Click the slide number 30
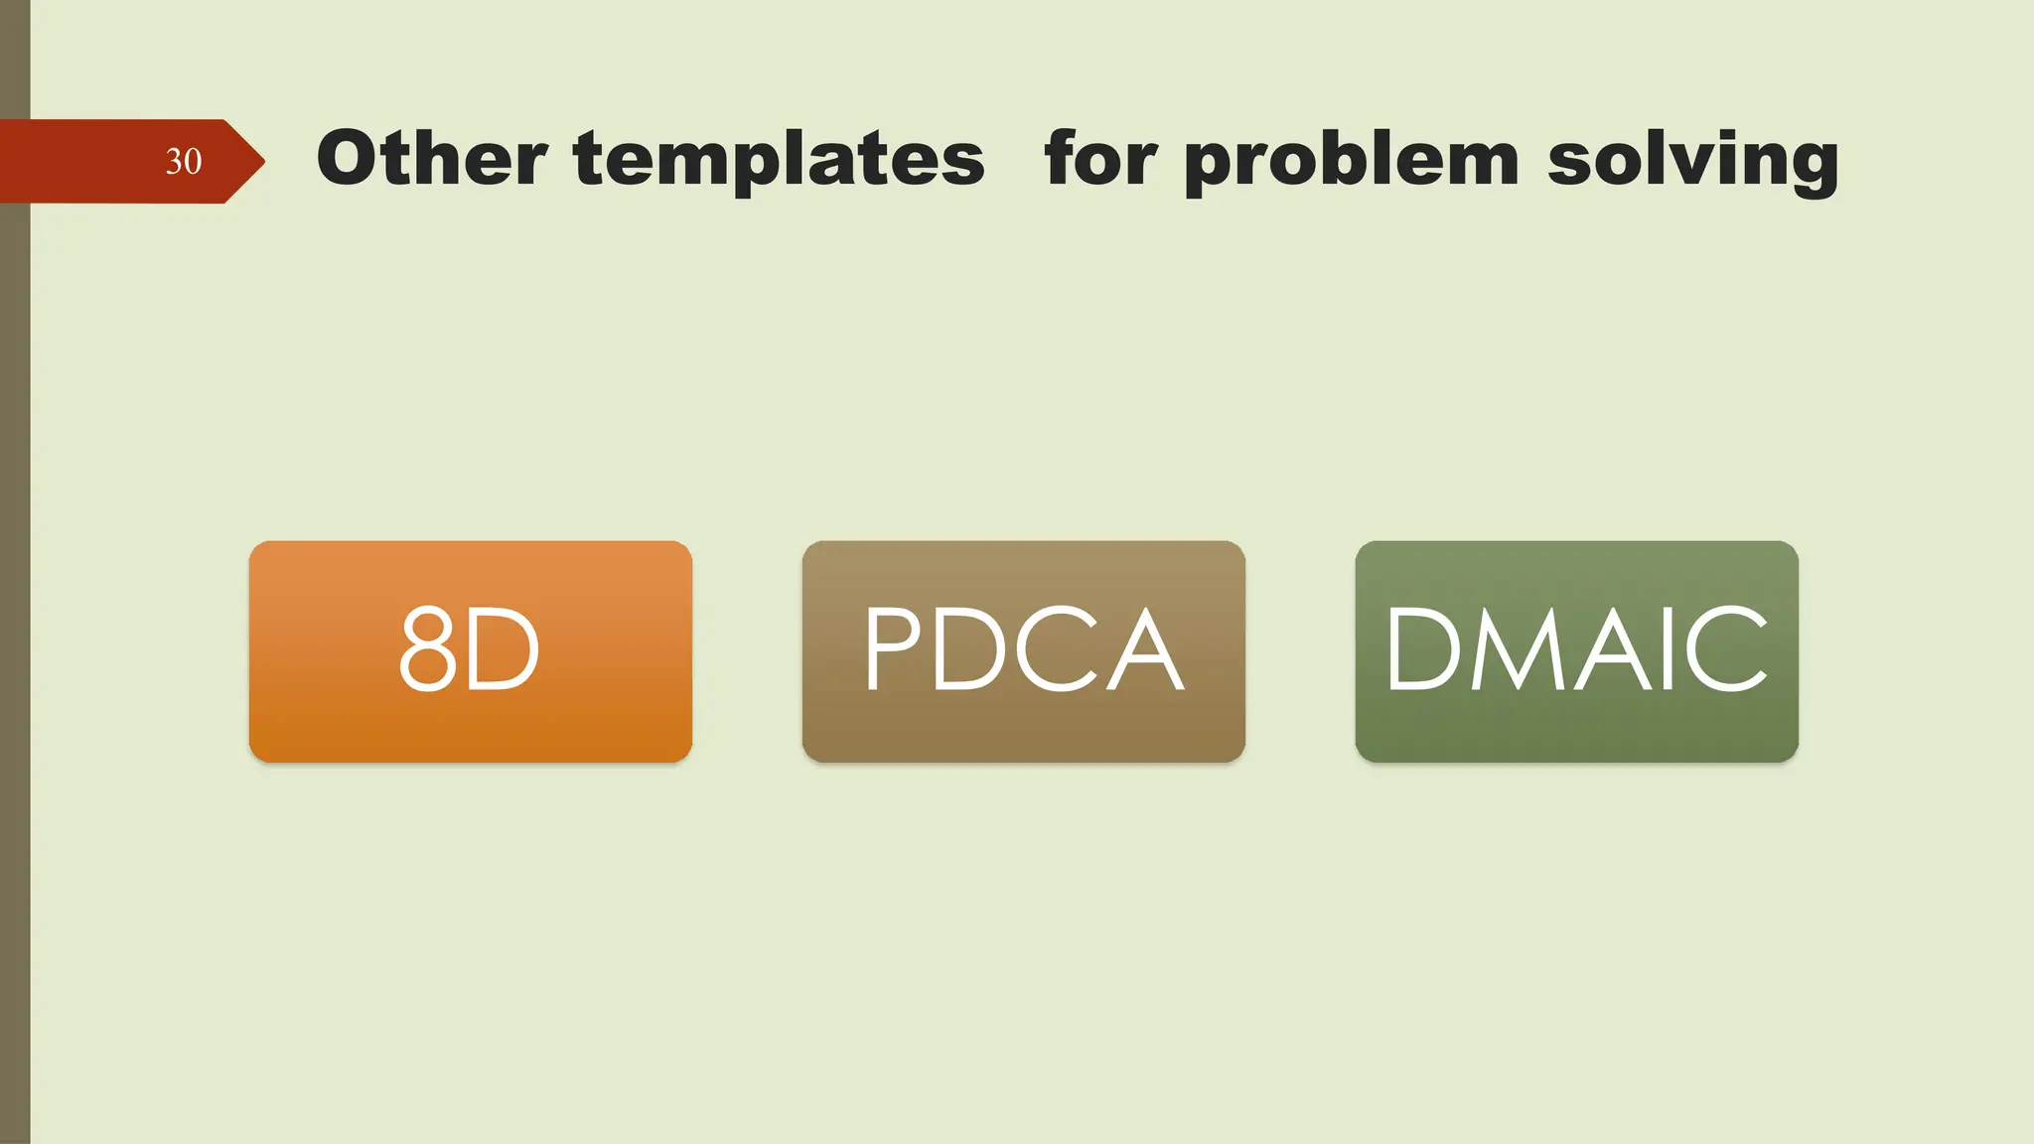[x=184, y=161]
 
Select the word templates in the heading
[x=779, y=161]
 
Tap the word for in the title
[x=1100, y=158]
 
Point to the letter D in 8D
[x=504, y=650]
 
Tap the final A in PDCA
[x=1144, y=649]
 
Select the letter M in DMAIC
[x=1519, y=649]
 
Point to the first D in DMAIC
[x=1423, y=649]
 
